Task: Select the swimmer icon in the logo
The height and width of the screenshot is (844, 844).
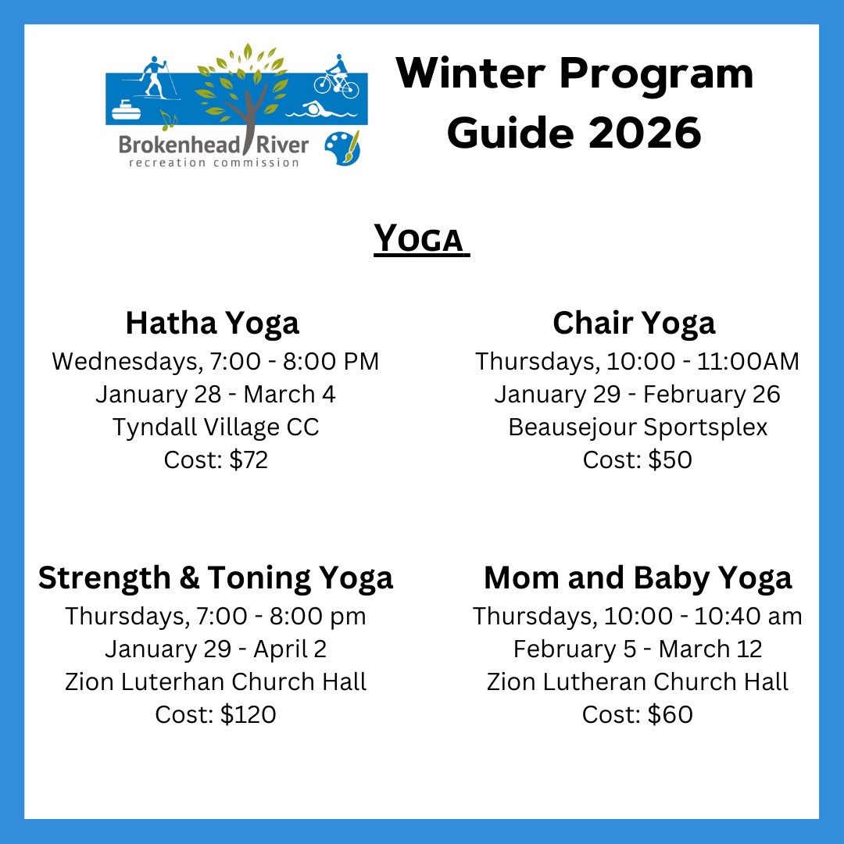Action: pyautogui.click(x=321, y=110)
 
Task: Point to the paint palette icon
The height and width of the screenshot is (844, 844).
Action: pyautogui.click(x=342, y=148)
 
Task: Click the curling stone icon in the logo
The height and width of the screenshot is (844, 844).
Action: pyautogui.click(x=126, y=110)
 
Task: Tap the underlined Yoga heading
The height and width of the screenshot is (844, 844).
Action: pyautogui.click(x=421, y=239)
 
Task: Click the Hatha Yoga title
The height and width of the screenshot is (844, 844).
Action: pyautogui.click(x=212, y=323)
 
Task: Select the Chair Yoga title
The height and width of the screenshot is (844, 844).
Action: pyautogui.click(x=634, y=323)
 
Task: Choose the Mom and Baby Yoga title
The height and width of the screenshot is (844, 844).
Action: pyautogui.click(x=638, y=578)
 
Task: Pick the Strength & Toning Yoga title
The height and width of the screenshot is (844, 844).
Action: pyautogui.click(x=216, y=578)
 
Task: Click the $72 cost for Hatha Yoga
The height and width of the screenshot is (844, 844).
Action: pyautogui.click(x=249, y=460)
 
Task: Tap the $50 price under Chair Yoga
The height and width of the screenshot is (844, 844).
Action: pyautogui.click(x=670, y=460)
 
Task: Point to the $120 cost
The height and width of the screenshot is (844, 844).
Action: pyautogui.click(x=249, y=715)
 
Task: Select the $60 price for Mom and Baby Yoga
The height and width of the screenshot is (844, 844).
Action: pyautogui.click(x=671, y=715)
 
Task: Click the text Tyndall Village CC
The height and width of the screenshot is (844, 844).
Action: pyautogui.click(x=216, y=427)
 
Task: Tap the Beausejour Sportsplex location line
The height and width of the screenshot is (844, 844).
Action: pyautogui.click(x=638, y=427)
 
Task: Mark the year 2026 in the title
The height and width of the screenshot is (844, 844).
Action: pyautogui.click(x=645, y=133)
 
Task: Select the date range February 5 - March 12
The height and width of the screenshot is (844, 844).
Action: pyautogui.click(x=638, y=649)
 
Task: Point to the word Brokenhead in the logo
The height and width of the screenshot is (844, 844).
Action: pyautogui.click(x=179, y=145)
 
